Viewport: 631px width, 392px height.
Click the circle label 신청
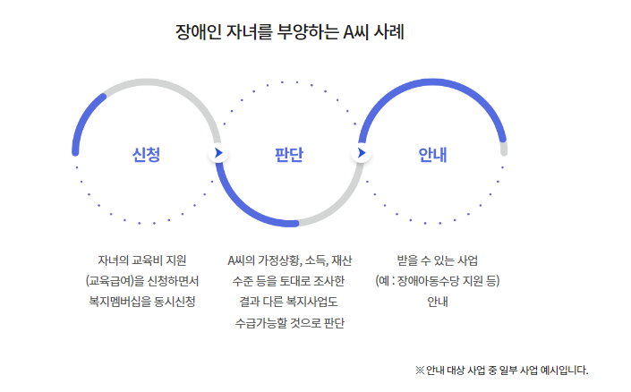[x=146, y=154]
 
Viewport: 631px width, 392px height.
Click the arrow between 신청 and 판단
[x=217, y=153]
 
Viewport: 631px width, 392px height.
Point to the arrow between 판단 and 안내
[x=361, y=153]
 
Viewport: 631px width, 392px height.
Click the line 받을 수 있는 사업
[x=438, y=260]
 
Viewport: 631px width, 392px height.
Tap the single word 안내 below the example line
[x=438, y=301]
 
